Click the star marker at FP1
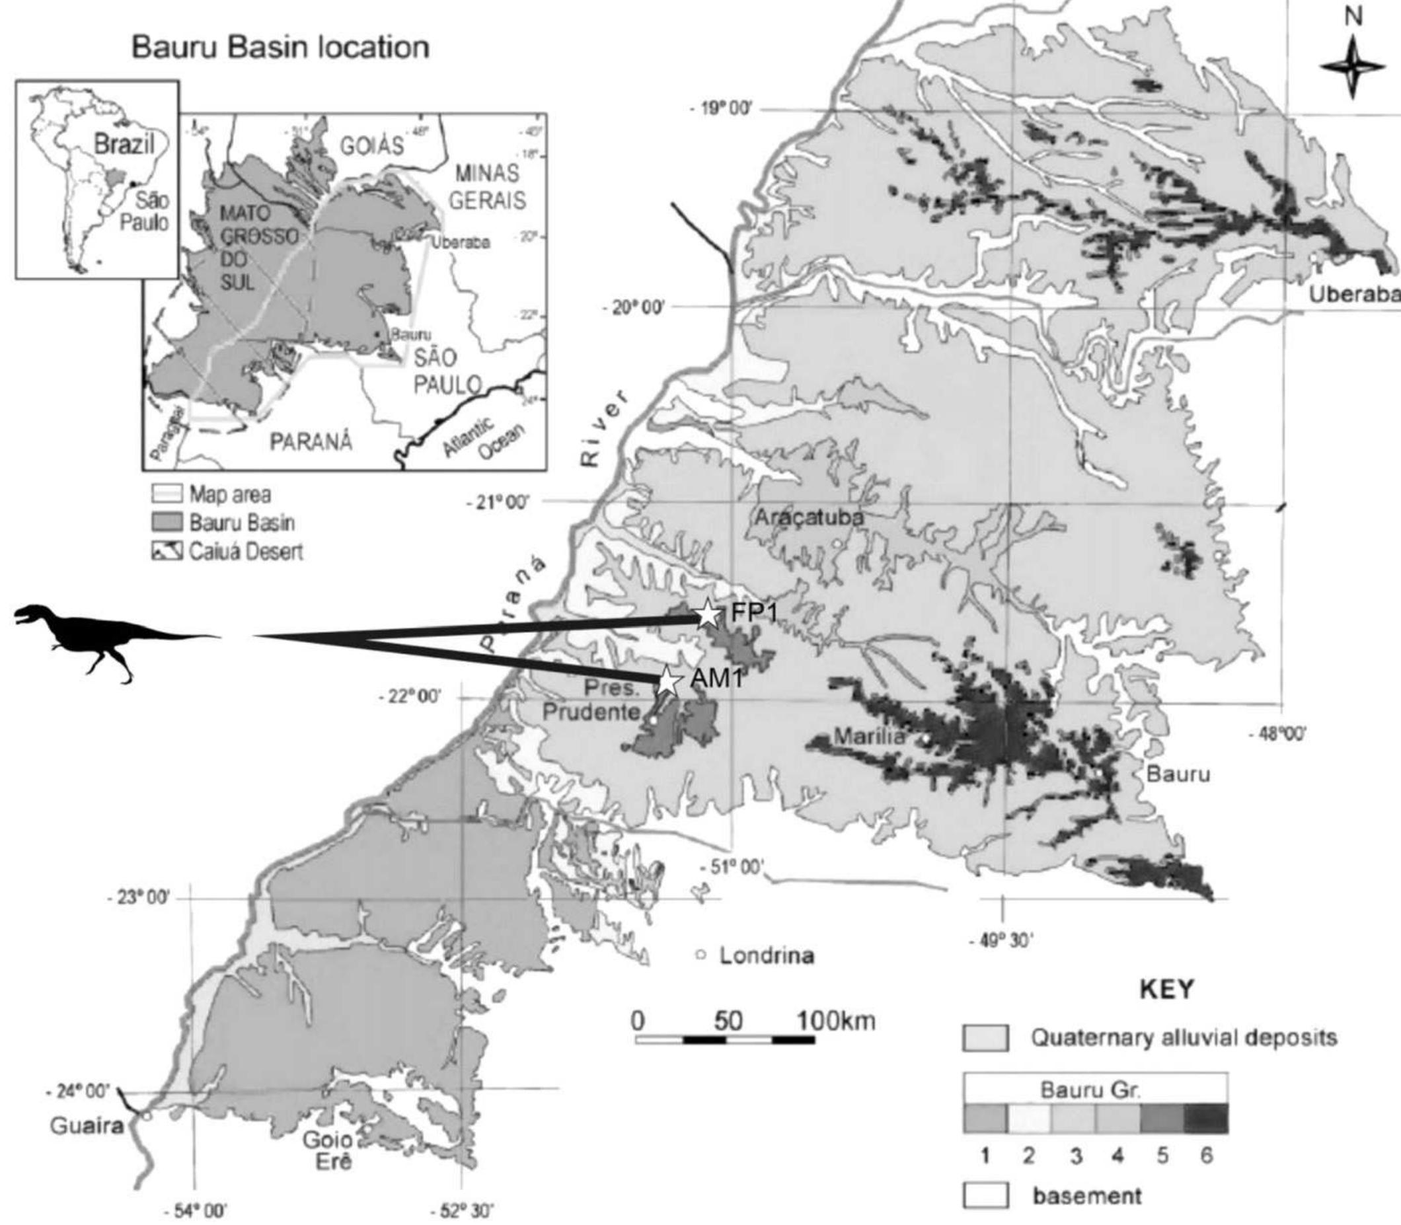point(708,615)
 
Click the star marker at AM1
point(669,681)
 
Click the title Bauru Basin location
point(280,48)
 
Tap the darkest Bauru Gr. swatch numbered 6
point(1205,1119)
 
